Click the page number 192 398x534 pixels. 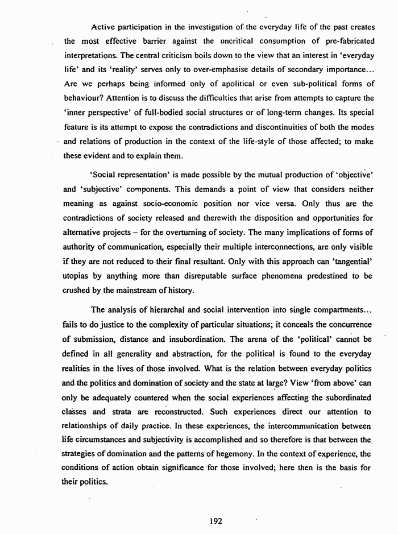click(215, 520)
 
